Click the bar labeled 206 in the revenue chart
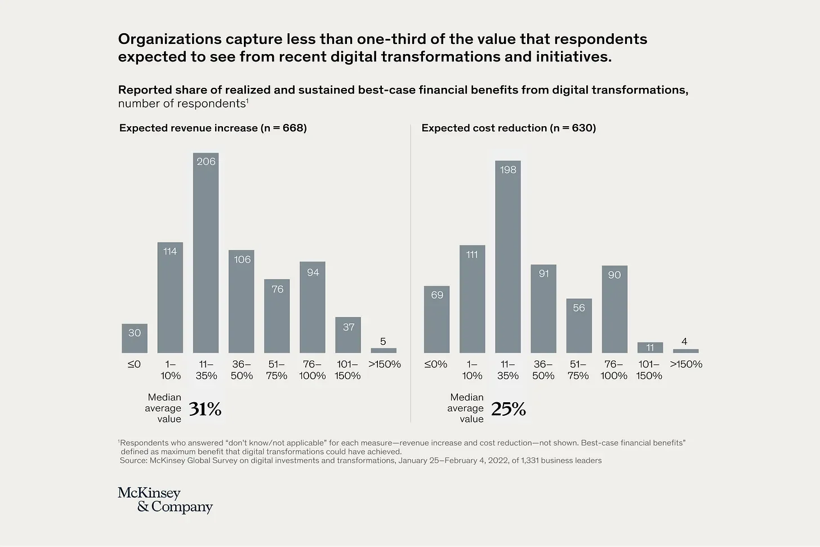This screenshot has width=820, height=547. coord(206,254)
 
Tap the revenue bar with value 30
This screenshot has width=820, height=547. coord(135,339)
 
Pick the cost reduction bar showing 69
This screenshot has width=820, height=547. coord(436,319)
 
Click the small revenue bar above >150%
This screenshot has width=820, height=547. coord(384,350)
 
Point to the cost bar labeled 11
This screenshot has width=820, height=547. coord(650,348)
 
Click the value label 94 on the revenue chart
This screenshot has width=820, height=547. coord(313,273)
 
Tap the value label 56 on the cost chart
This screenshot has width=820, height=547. coord(579,308)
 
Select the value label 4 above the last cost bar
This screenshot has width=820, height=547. coord(684,341)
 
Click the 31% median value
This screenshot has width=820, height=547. coord(205,409)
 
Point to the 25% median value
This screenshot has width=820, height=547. coord(508,409)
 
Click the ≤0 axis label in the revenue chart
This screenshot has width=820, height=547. coord(134,364)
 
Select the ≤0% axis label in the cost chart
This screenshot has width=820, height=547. coord(436,364)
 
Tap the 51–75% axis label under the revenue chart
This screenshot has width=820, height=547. coord(277,370)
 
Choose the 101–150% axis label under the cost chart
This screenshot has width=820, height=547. coord(649,370)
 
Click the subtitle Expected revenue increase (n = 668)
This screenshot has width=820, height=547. coord(213,128)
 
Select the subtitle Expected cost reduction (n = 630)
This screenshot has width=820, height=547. coord(509,128)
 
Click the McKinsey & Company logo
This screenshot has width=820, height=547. coord(165,500)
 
